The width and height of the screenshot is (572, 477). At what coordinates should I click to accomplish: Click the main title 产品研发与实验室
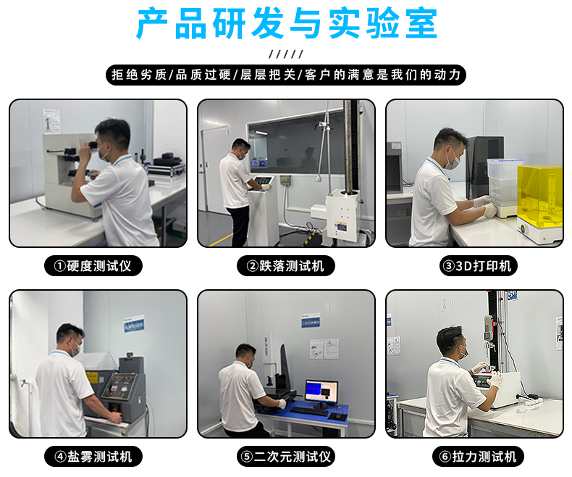click(x=286, y=25)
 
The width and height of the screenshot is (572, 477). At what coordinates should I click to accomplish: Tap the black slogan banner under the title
click(x=286, y=75)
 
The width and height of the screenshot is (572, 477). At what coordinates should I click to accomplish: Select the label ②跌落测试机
click(x=286, y=265)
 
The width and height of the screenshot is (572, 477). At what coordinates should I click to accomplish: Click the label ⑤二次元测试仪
click(x=286, y=457)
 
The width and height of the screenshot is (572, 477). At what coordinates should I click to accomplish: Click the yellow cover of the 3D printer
click(x=539, y=195)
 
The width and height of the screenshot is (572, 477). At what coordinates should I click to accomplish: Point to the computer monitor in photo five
click(x=321, y=392)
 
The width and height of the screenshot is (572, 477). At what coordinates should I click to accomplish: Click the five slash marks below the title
click(x=286, y=54)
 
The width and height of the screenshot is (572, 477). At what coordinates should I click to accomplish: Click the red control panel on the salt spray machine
click(x=116, y=386)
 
